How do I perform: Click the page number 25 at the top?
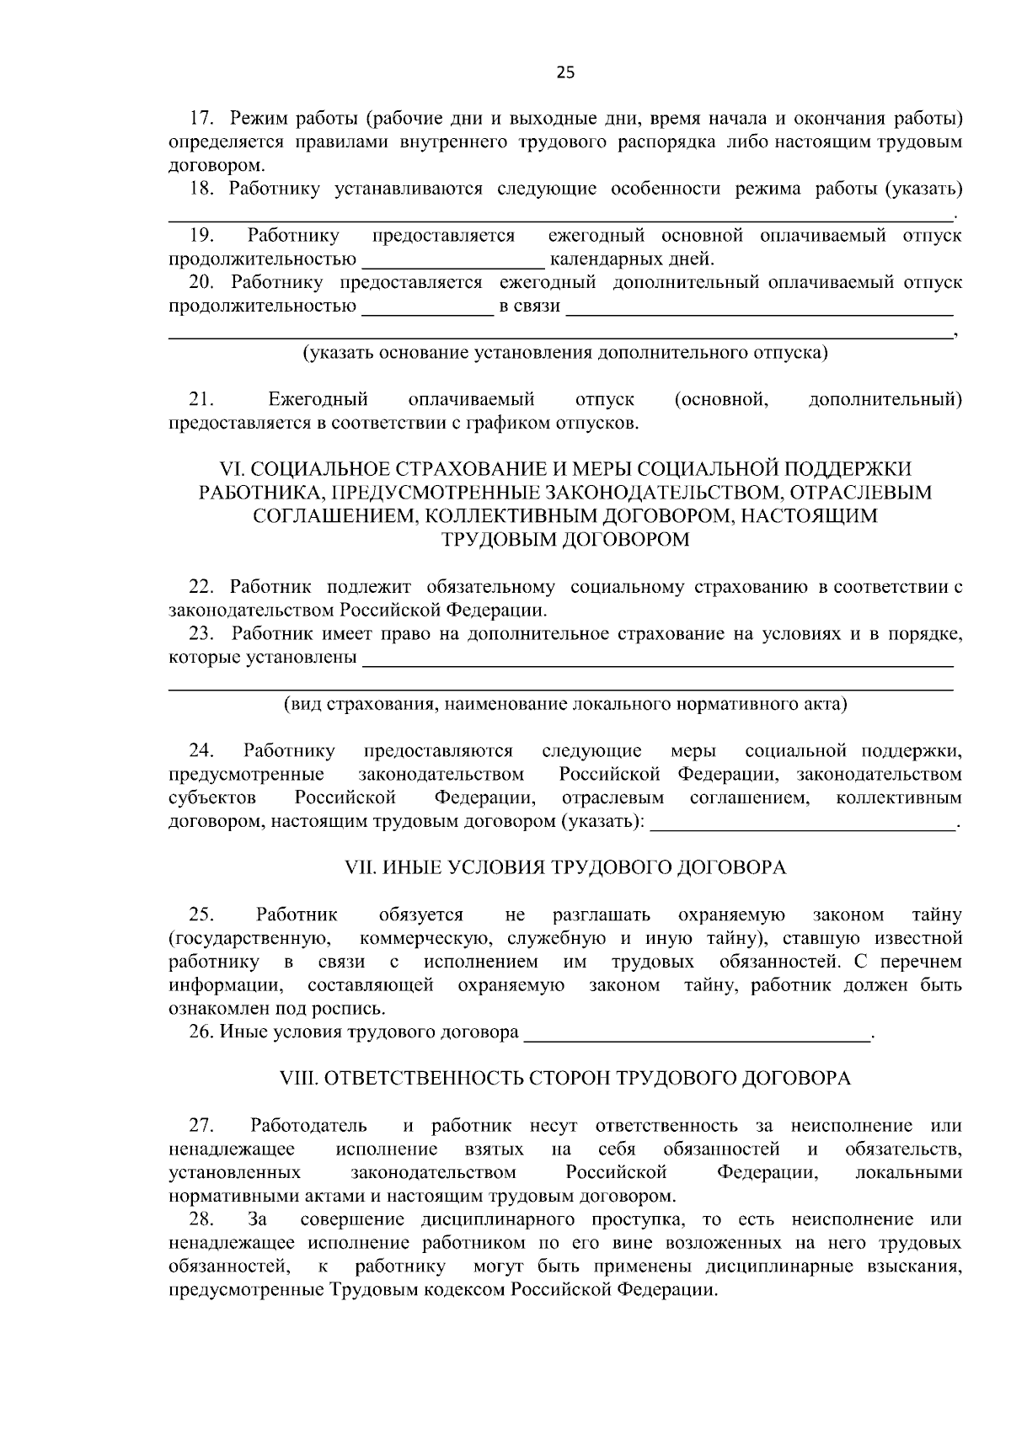[565, 73]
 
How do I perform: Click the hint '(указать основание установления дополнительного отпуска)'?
[565, 353]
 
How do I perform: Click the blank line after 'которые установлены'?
[657, 659]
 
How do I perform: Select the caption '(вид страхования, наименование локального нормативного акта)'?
[565, 705]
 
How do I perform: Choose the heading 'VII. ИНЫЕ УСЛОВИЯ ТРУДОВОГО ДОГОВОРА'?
[565, 868]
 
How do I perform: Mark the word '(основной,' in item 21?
[721, 399]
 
